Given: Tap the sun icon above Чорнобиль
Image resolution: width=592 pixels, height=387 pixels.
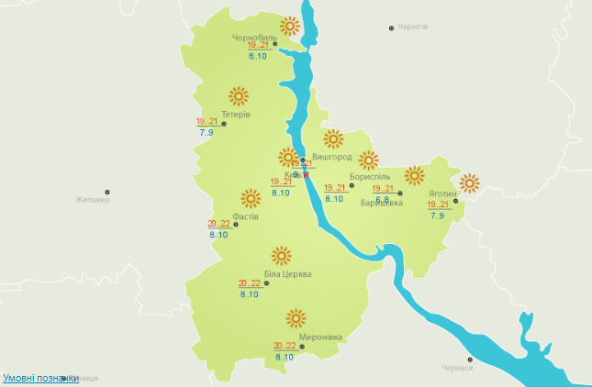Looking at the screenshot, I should (291, 27).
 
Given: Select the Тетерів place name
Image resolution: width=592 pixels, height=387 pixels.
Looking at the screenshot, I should (236, 115).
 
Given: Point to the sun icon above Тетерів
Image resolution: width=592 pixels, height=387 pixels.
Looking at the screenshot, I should (239, 95).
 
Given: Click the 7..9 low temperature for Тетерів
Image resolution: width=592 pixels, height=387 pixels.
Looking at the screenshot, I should (206, 134).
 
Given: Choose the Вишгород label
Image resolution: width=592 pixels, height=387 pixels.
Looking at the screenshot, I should (332, 157).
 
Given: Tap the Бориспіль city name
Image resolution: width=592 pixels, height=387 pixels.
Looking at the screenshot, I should (370, 176).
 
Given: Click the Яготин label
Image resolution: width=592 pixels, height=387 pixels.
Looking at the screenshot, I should (442, 194).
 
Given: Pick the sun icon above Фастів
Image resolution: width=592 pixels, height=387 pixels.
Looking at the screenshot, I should (250, 198).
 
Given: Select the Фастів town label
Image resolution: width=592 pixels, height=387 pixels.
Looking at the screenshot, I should (245, 217).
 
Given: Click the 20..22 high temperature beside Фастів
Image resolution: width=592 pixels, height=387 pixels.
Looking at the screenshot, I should (219, 224).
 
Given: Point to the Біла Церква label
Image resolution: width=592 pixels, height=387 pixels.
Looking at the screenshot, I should (287, 274).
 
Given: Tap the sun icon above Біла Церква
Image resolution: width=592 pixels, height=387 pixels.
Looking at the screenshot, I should (282, 255).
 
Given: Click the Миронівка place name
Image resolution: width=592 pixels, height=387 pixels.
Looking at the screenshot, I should (320, 337).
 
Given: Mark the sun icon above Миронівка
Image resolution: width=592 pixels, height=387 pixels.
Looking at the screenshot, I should (296, 318).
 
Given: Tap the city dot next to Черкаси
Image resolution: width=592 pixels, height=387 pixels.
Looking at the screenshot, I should (470, 359).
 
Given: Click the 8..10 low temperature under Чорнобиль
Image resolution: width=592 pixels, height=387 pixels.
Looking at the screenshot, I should (257, 57).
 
